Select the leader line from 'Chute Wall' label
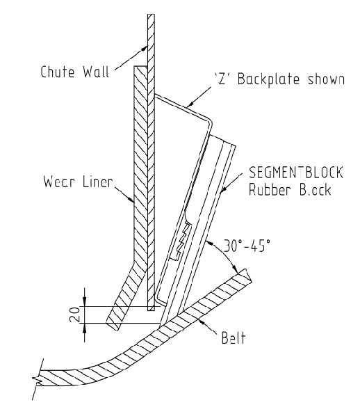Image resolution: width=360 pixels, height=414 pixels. [x=130, y=57]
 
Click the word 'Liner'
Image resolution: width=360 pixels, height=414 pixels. [x=92, y=186]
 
